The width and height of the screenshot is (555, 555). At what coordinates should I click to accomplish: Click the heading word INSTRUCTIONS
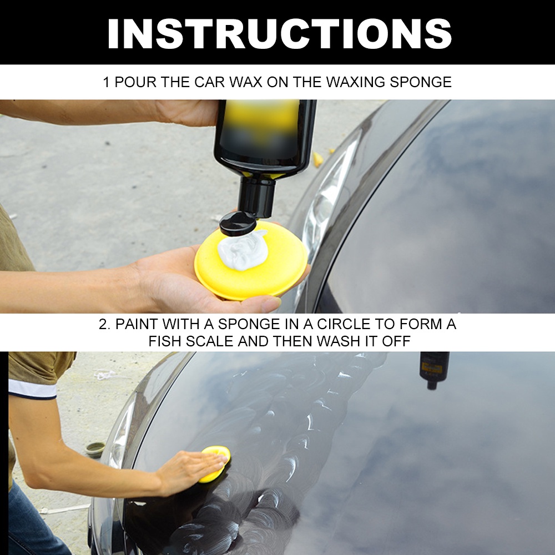click(279, 33)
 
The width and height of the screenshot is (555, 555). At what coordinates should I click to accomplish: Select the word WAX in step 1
click(246, 82)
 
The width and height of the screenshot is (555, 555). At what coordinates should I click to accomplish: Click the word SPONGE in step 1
click(421, 82)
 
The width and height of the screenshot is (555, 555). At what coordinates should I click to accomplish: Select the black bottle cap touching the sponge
click(238, 223)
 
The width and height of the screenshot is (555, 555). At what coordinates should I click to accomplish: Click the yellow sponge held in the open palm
click(251, 261)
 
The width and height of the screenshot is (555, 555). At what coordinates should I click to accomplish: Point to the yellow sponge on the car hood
click(215, 464)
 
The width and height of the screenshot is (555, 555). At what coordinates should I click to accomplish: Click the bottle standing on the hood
click(434, 369)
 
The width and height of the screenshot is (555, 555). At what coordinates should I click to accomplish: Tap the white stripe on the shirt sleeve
click(32, 389)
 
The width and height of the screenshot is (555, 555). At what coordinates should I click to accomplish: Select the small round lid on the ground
click(95, 449)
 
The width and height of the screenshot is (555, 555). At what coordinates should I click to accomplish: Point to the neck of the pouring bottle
click(256, 195)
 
